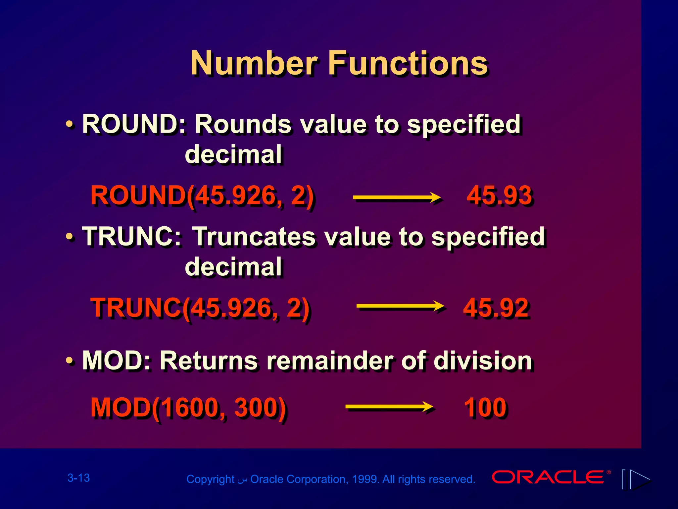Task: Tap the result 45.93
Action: tap(499, 196)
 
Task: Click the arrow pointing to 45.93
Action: tap(397, 198)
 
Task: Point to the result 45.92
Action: tap(496, 308)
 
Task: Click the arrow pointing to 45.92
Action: tap(400, 306)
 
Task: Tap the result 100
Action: tap(485, 407)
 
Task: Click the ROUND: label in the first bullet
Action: tap(134, 124)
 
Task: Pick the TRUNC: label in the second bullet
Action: tap(132, 237)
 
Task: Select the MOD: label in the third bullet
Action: tap(117, 361)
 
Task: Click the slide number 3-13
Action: tap(78, 478)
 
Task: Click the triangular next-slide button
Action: tap(640, 479)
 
